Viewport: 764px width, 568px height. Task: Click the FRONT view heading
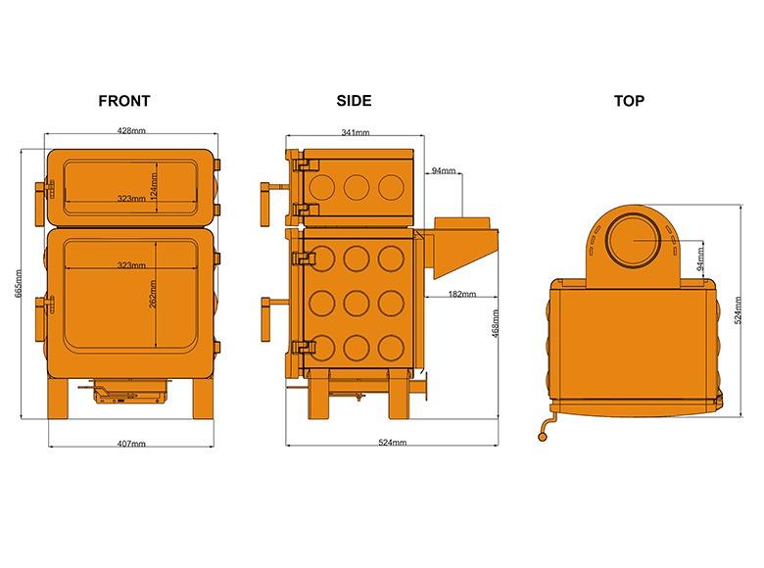tap(124, 101)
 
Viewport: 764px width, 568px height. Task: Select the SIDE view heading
tap(354, 101)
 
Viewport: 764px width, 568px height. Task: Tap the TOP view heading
tap(629, 101)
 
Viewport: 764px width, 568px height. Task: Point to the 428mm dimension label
tap(131, 131)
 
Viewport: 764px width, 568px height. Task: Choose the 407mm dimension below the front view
tap(130, 444)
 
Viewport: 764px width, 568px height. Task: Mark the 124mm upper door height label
tap(154, 183)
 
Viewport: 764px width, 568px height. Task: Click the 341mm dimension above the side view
tap(355, 132)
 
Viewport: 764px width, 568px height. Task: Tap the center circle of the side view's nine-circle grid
tap(356, 302)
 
